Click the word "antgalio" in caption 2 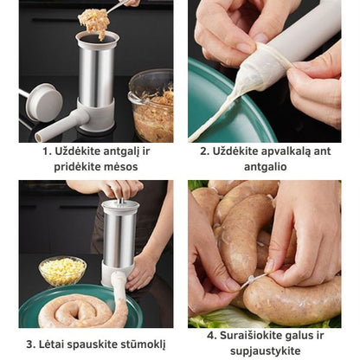[266, 167]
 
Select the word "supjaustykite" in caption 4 [266, 351]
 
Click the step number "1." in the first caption [47, 151]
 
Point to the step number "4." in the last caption [212, 336]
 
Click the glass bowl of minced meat [151, 106]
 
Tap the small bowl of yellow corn [62, 271]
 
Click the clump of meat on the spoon [93, 22]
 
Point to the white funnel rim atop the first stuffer [97, 39]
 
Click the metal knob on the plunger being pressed [121, 201]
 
